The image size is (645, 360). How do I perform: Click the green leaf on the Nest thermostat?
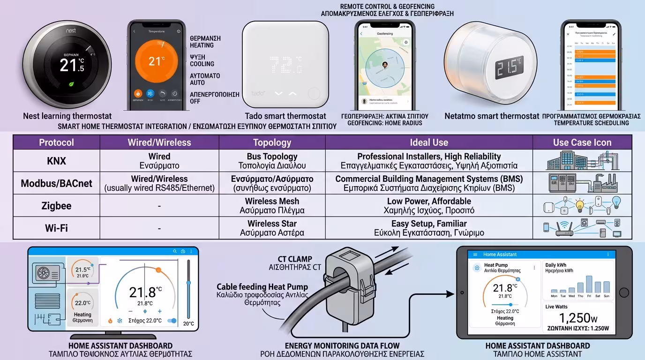coord(71,85)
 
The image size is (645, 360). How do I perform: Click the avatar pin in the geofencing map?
coord(385,66)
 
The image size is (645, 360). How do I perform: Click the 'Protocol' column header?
coord(56,142)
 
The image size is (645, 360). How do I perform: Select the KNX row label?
coord(56,161)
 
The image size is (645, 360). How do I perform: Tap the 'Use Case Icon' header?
coord(582,142)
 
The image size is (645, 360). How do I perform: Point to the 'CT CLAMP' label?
coord(294,259)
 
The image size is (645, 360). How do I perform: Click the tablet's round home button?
coord(624,292)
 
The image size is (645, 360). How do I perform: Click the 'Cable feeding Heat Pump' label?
coord(262,287)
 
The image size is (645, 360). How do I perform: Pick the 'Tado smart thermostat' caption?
coord(285,116)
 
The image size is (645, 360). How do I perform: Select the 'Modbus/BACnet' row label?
coord(56,183)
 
